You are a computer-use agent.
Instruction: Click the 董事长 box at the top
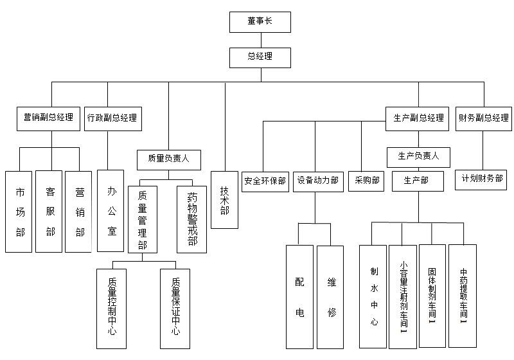(260, 22)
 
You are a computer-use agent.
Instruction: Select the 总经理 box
(260, 57)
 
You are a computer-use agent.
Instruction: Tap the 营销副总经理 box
(48, 118)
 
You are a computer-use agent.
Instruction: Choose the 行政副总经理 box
(112, 118)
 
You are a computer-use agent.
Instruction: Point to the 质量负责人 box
(169, 159)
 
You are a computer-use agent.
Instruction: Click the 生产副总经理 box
(418, 118)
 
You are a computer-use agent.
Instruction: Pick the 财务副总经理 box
(483, 118)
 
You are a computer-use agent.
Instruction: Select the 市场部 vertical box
(19, 212)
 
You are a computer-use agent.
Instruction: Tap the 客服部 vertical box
(49, 212)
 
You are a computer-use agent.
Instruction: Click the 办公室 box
(111, 210)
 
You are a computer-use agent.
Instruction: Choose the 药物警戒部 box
(192, 219)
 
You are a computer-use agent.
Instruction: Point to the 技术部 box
(225, 199)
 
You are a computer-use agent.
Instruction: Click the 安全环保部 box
(265, 181)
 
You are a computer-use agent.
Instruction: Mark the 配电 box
(299, 296)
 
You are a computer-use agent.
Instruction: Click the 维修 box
(331, 296)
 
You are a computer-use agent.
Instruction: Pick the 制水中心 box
(373, 296)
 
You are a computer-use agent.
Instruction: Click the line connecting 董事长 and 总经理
(260, 40)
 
